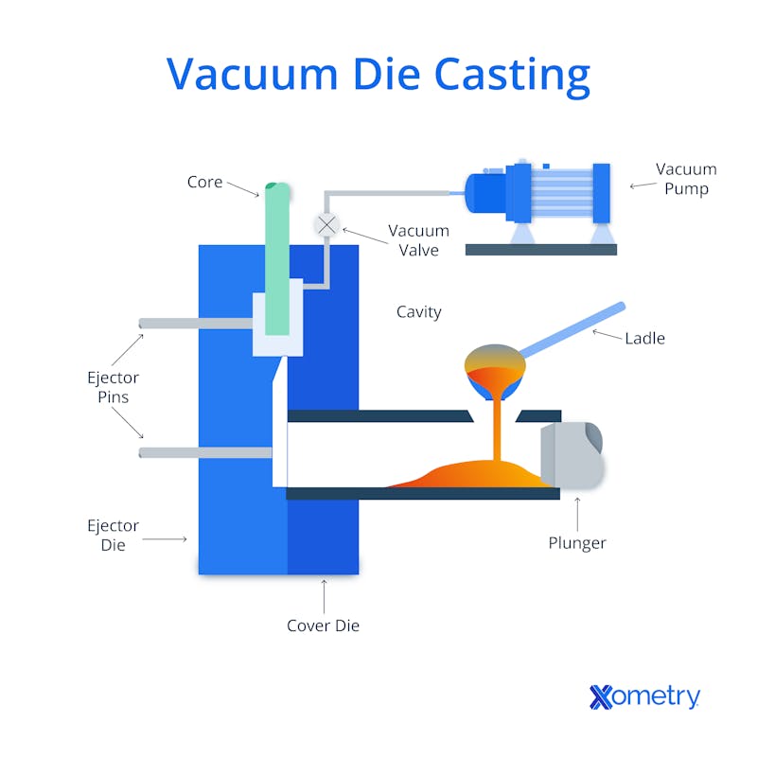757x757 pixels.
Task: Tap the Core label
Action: pyautogui.click(x=204, y=182)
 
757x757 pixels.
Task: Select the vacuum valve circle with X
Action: pyautogui.click(x=326, y=224)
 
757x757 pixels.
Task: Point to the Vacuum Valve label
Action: pyautogui.click(x=418, y=240)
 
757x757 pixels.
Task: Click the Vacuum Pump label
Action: pyautogui.click(x=686, y=179)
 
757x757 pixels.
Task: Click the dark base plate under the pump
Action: pyautogui.click(x=540, y=250)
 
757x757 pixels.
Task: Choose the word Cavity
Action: pyautogui.click(x=418, y=312)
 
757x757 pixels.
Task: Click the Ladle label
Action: pyautogui.click(x=644, y=338)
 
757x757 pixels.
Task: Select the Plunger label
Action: pyautogui.click(x=577, y=543)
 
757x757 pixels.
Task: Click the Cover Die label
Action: pyautogui.click(x=323, y=625)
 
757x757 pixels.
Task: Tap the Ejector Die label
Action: pyautogui.click(x=113, y=535)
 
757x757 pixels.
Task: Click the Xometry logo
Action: pyautogui.click(x=644, y=697)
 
